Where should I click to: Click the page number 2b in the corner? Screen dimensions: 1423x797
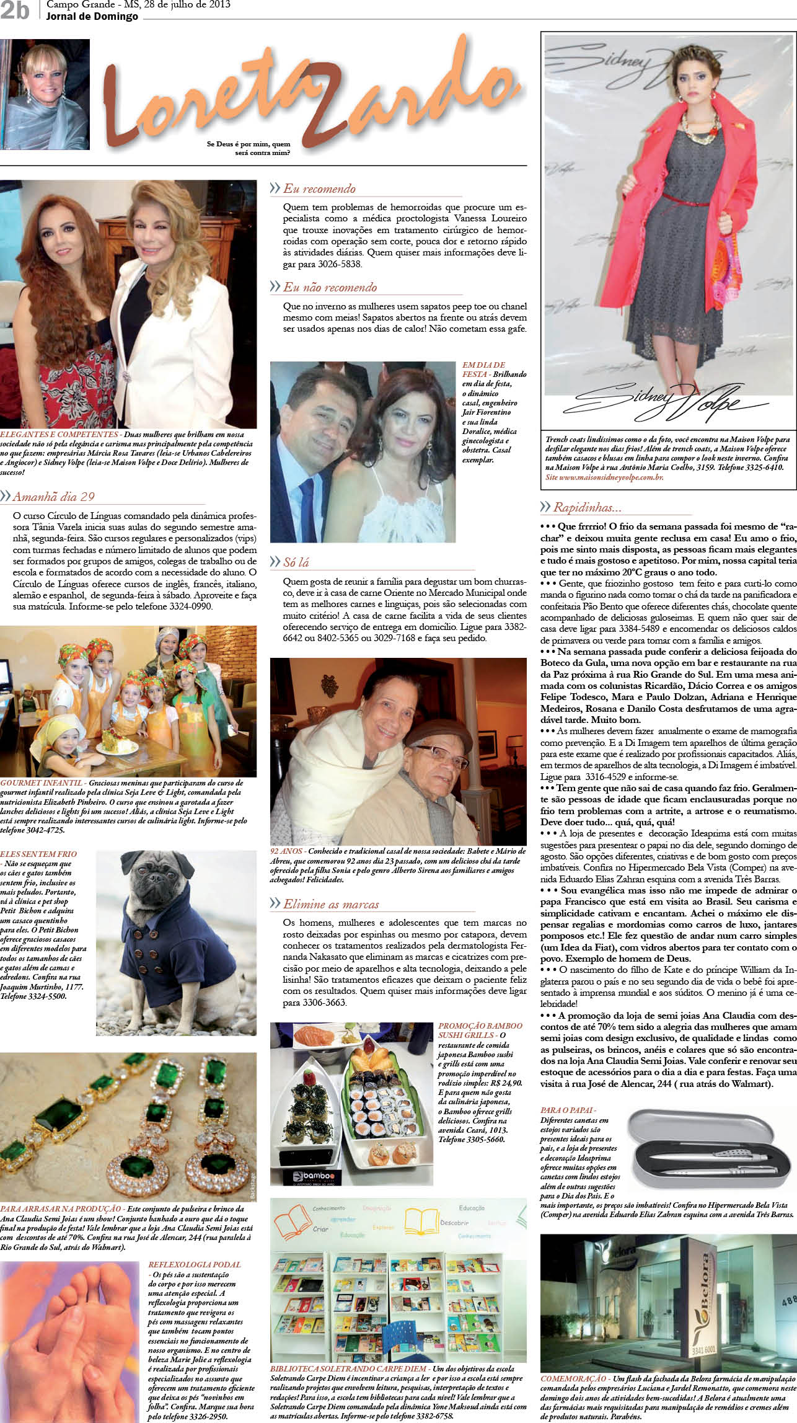(15, 10)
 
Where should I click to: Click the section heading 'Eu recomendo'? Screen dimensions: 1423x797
(319, 188)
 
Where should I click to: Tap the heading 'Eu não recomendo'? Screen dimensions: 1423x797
(330, 287)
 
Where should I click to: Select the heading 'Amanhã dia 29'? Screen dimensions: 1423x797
(53, 496)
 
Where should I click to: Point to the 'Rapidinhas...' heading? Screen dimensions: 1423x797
(587, 507)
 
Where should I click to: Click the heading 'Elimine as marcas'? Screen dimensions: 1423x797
(331, 904)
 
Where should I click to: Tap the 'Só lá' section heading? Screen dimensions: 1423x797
(296, 562)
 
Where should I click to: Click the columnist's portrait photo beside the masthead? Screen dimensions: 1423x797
(45, 94)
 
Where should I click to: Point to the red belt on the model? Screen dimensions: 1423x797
(685, 200)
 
